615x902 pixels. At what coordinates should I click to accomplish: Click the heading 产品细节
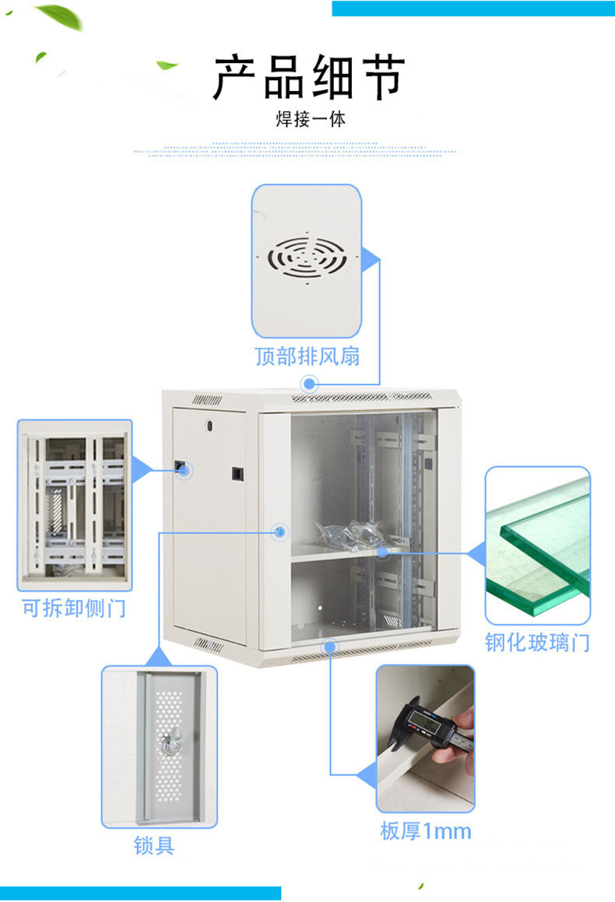[x=309, y=78]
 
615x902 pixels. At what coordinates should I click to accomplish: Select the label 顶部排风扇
[x=307, y=356]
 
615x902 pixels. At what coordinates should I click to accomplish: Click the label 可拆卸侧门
[x=73, y=608]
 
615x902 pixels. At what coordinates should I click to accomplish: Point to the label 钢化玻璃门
[x=537, y=643]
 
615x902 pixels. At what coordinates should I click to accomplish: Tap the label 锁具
[x=154, y=845]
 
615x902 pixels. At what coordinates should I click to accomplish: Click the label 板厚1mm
[x=426, y=831]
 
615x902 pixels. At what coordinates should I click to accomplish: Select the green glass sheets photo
[x=537, y=545]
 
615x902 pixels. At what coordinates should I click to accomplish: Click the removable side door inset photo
[x=75, y=504]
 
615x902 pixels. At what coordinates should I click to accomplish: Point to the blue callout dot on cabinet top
[x=310, y=383]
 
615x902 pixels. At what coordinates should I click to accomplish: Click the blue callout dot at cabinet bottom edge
[x=330, y=645]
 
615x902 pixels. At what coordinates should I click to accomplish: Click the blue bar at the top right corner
[x=473, y=8]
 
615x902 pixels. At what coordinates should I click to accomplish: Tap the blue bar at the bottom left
[x=140, y=893]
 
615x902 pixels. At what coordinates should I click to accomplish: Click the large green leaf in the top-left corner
[x=61, y=16]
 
